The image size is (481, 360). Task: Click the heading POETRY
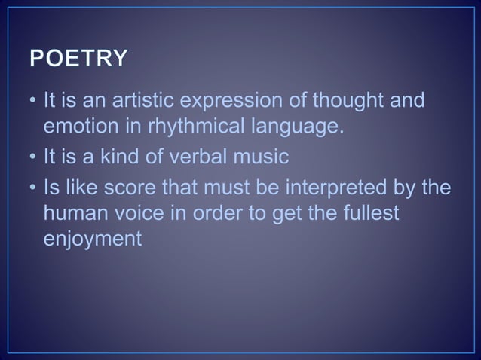tap(78, 59)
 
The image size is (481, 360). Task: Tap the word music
tap(260, 157)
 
